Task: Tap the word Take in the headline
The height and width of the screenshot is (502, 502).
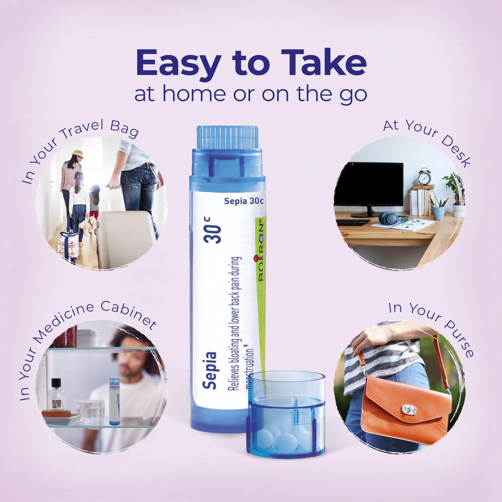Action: click(324, 62)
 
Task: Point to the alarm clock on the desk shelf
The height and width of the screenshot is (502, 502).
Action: click(425, 176)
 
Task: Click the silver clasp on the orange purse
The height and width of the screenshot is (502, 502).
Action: click(409, 410)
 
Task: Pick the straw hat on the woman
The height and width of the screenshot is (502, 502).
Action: click(78, 154)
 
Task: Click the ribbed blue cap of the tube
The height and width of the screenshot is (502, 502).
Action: click(227, 138)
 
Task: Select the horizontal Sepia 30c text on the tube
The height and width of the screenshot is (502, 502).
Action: click(243, 201)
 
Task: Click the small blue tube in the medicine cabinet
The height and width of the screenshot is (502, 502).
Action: click(114, 402)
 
